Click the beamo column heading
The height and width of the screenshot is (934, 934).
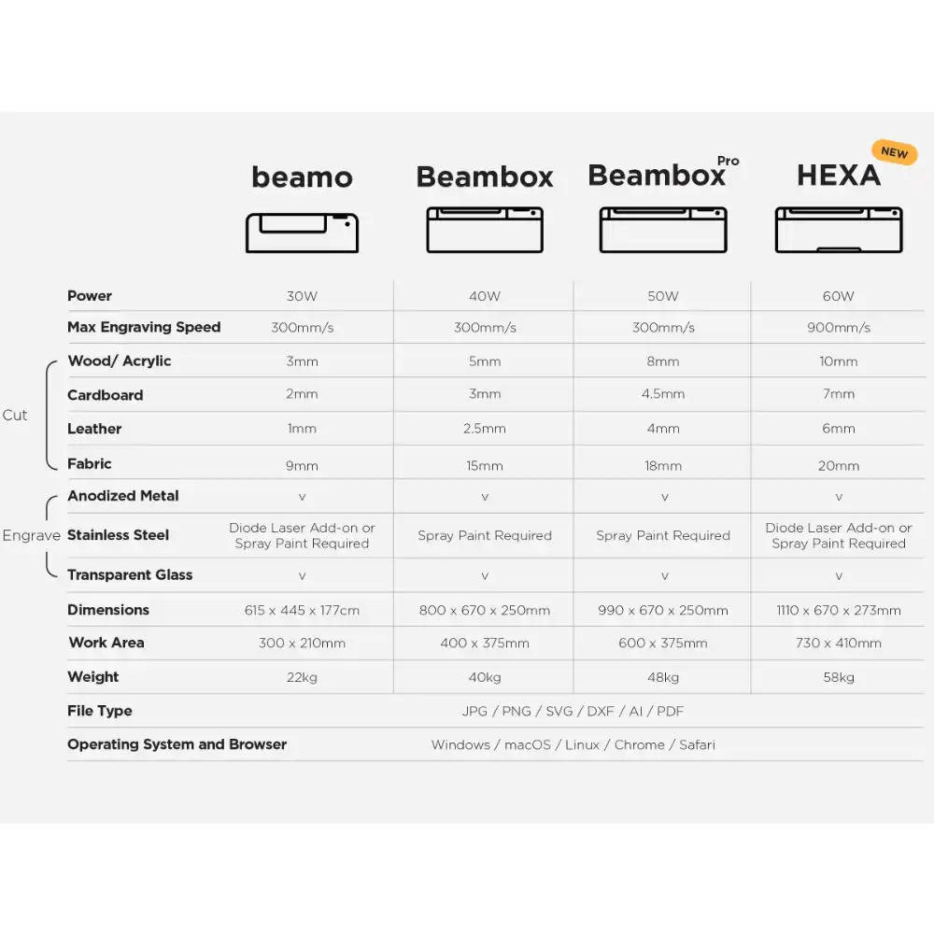coord(302,177)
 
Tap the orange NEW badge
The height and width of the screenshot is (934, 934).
coord(894,152)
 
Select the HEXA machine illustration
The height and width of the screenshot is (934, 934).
coord(839,230)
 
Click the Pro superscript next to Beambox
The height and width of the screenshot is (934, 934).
coord(729,161)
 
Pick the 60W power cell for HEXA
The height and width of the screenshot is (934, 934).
coord(839,296)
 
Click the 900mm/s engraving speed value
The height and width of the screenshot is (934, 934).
coord(839,328)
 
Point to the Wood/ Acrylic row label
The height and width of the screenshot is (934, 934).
coord(120,361)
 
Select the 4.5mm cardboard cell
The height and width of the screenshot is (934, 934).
coord(663,394)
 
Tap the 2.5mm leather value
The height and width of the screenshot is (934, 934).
coord(485,429)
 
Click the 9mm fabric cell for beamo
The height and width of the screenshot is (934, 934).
coord(302,465)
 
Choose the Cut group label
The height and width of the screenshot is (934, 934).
coord(15,415)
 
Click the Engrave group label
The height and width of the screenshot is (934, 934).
coord(31,535)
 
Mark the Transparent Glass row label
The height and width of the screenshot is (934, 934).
coord(130,574)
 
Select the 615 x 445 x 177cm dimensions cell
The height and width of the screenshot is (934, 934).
coord(302,610)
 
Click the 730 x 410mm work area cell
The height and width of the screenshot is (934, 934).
coord(839,643)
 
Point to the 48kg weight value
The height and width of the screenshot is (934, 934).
coord(663,677)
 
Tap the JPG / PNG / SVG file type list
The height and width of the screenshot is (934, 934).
coord(573,711)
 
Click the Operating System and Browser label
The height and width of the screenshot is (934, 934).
coord(177,744)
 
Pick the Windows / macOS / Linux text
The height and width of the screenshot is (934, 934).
coord(573,744)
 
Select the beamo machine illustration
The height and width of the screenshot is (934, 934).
coord(302,231)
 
